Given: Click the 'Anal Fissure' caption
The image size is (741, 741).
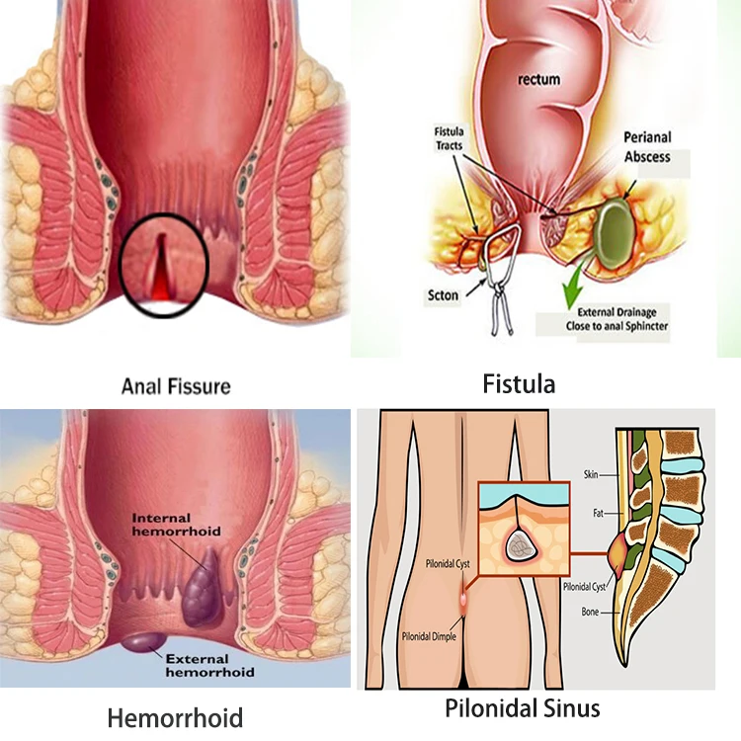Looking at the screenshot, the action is click(x=176, y=385).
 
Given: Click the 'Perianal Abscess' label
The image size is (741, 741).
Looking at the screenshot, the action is click(x=647, y=147).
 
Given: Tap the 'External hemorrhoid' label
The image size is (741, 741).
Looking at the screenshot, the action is click(x=208, y=664).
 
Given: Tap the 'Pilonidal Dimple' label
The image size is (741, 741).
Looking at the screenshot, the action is click(x=428, y=638).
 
